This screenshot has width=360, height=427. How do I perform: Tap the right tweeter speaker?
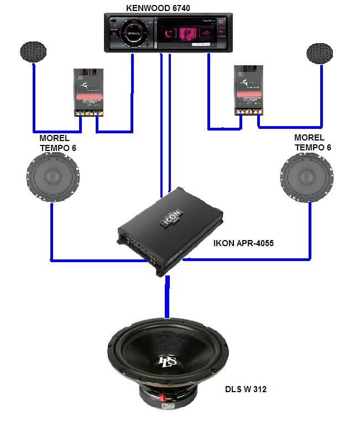coord(320,53)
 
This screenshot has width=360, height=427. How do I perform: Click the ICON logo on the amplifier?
coord(172,216)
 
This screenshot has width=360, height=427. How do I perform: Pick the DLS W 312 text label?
coord(245,389)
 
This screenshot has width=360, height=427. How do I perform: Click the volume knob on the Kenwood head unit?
coord(133,33)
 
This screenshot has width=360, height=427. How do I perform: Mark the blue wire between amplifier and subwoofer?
coord(166,299)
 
